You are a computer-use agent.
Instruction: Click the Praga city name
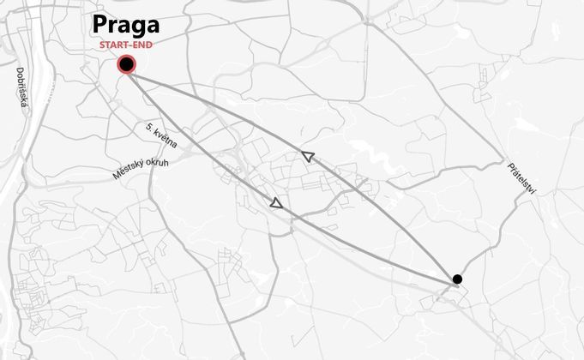pyautogui.click(x=126, y=25)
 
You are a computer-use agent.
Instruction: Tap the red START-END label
pyautogui.click(x=126, y=44)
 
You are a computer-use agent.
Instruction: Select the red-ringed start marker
pyautogui.click(x=127, y=64)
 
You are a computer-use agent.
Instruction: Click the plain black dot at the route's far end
pyautogui.click(x=457, y=279)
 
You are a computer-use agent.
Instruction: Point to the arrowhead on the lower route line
pyautogui.click(x=276, y=203)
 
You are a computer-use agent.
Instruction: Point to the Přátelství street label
pyautogui.click(x=521, y=180)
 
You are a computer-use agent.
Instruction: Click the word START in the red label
pyautogui.click(x=114, y=44)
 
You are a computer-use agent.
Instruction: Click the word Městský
pyautogui.click(x=126, y=170)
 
